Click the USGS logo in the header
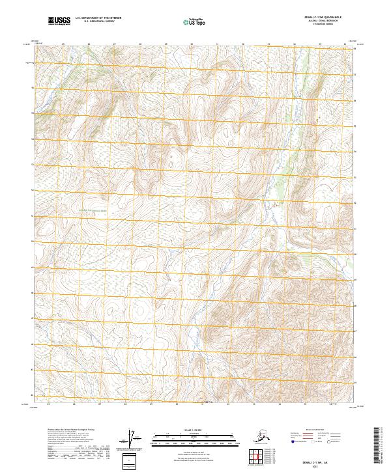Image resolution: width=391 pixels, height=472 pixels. (x=59, y=21)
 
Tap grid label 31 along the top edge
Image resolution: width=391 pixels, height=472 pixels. (x=217, y=44)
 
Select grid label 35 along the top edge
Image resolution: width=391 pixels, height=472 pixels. (x=319, y=44)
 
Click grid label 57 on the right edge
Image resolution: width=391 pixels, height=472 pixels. (x=355, y=75)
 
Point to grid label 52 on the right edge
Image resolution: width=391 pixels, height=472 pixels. (x=355, y=202)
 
